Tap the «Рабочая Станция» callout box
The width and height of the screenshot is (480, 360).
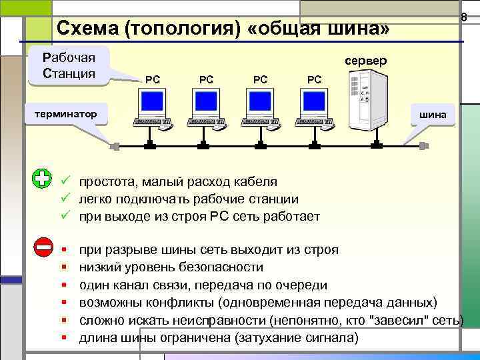69,65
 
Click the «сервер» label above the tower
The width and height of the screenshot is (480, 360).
365,61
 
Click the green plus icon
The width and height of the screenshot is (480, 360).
42,179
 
